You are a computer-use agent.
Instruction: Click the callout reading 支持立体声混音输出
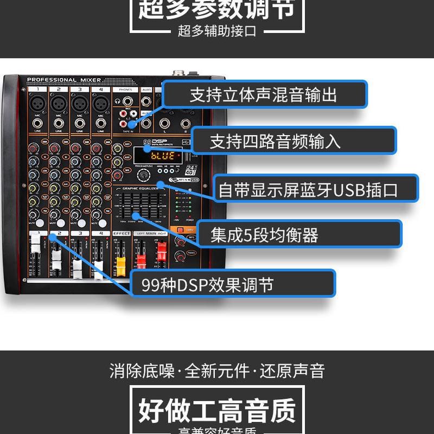[x=264, y=94]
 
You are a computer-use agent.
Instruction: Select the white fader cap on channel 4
[x=98, y=266]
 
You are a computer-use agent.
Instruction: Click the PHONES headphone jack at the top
[x=127, y=101]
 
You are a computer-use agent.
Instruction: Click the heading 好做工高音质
[x=217, y=410]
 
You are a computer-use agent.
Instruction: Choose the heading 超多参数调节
[x=217, y=9]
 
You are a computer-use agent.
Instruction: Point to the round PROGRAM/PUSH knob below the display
[x=143, y=175]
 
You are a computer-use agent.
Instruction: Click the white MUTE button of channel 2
[x=60, y=223]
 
